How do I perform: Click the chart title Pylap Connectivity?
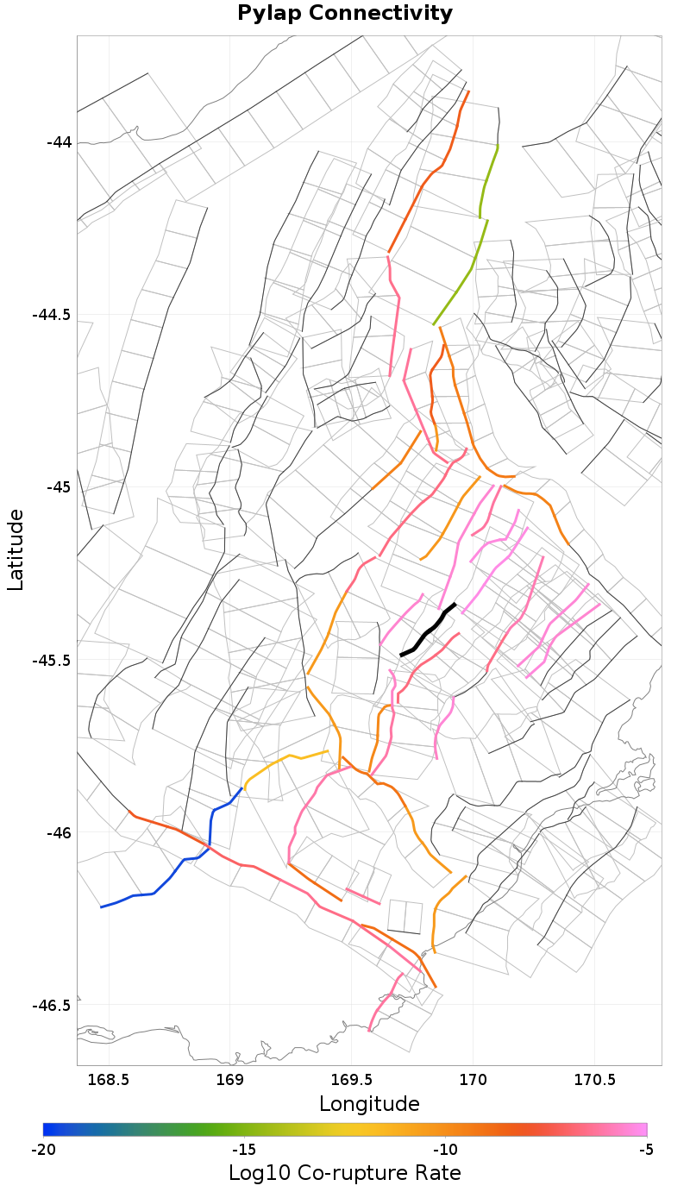click(x=345, y=14)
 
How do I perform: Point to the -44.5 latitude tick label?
click(x=52, y=314)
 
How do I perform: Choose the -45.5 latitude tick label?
click(x=52, y=660)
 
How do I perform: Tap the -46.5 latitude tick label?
click(x=52, y=1006)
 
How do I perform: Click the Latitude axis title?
click(x=16, y=549)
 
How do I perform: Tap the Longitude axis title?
click(x=369, y=1104)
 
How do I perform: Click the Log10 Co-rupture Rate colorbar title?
click(x=345, y=1173)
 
